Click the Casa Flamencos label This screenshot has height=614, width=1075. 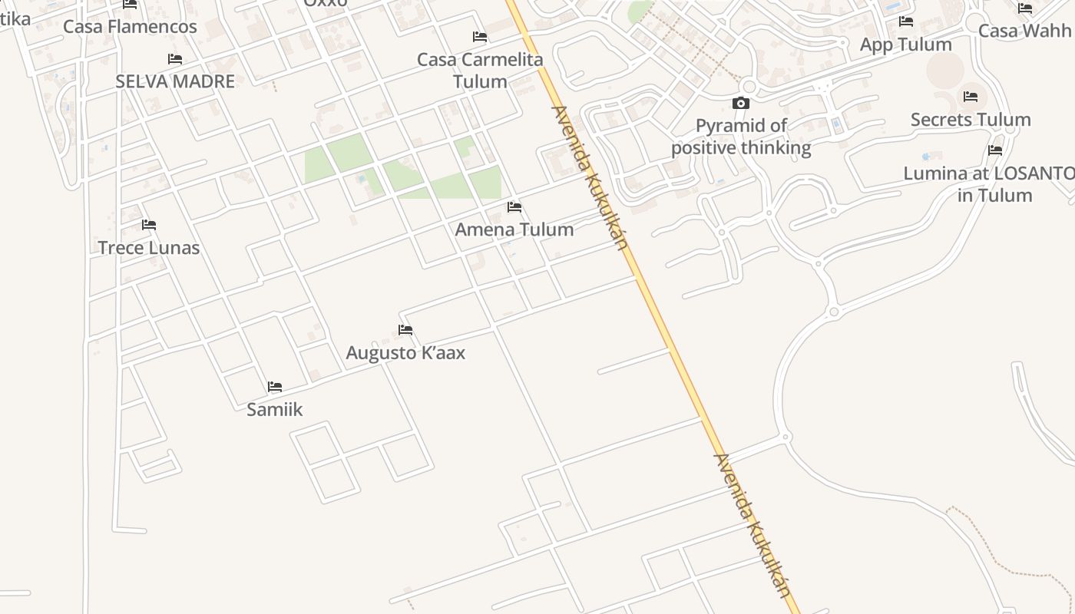130,27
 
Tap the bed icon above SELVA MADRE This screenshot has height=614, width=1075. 175,59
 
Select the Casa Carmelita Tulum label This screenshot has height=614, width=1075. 480,70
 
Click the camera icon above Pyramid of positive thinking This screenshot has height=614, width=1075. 741,103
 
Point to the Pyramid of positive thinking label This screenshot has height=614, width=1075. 741,137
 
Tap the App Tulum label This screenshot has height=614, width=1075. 905,45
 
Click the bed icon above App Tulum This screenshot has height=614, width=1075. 906,21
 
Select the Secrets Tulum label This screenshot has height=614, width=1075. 971,120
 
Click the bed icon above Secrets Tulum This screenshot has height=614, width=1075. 971,97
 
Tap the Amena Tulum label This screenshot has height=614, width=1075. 514,229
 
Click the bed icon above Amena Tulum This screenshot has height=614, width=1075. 514,207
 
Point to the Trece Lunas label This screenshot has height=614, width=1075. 149,248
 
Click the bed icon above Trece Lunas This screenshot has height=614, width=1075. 149,225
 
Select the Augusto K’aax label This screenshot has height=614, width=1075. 405,353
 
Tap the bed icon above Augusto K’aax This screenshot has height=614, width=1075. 405,330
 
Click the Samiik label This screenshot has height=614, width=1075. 275,410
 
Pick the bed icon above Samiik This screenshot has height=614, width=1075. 275,387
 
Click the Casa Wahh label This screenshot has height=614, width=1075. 1024,31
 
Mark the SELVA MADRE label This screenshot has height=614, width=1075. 175,81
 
